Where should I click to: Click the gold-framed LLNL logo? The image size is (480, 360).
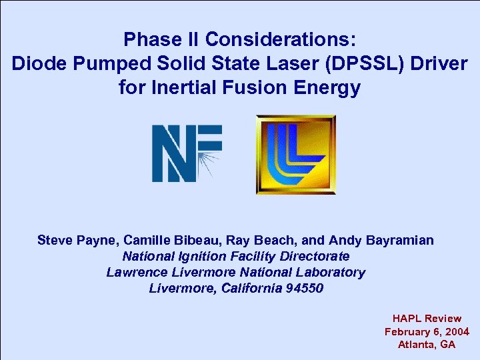(295, 155)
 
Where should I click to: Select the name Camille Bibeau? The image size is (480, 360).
(159, 240)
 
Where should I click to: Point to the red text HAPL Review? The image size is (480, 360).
(427, 319)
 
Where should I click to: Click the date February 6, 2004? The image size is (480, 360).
(427, 331)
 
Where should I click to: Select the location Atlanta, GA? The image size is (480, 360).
(427, 344)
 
